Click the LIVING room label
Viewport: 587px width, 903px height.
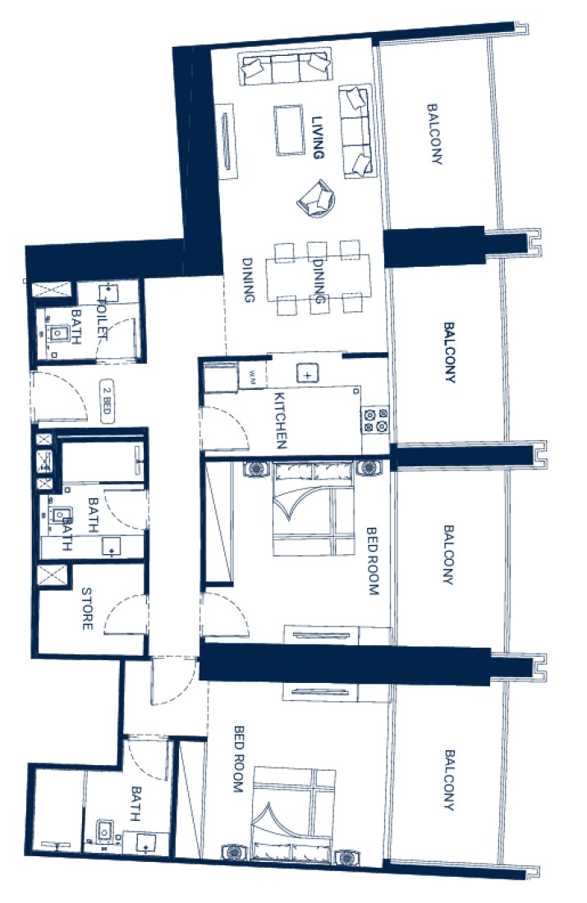(318, 138)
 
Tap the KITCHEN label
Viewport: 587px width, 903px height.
(280, 420)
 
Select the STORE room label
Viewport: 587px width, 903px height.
(87, 609)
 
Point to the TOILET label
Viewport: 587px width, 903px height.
(103, 319)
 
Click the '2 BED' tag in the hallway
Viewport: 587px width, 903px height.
(106, 401)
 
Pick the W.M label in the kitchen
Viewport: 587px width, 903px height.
(252, 374)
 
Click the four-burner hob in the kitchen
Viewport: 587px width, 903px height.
(375, 419)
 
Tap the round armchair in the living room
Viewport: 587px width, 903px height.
(316, 199)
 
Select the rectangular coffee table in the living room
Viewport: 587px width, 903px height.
(290, 131)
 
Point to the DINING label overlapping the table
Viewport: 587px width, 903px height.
(319, 281)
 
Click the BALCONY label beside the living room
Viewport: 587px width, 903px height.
(434, 134)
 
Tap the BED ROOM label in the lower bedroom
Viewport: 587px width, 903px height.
(238, 759)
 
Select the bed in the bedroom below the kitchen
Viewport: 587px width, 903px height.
(312, 508)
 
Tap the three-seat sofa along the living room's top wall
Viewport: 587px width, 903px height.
(286, 67)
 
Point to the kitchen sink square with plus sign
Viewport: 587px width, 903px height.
(308, 374)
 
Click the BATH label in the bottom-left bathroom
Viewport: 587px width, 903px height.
(136, 804)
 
